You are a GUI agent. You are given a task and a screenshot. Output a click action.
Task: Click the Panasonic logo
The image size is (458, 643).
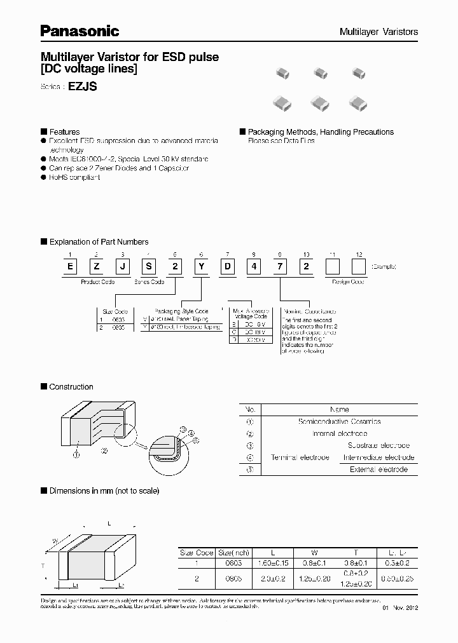pyautogui.click(x=80, y=30)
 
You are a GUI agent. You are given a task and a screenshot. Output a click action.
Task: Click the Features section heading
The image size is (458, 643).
pyautogui.click(x=64, y=132)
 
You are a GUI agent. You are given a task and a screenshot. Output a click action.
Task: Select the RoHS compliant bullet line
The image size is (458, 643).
pyautogui.click(x=74, y=177)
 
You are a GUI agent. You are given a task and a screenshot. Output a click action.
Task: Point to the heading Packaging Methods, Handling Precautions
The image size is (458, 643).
pyautogui.click(x=321, y=132)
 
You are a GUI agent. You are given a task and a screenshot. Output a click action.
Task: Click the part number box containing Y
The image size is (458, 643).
pyautogui.click(x=201, y=266)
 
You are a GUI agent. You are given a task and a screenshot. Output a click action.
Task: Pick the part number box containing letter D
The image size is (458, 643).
pyautogui.click(x=228, y=266)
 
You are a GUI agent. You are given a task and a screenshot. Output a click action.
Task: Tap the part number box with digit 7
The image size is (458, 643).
pyautogui.click(x=281, y=266)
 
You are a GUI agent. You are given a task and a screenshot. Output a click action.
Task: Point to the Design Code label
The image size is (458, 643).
pyautogui.click(x=347, y=281)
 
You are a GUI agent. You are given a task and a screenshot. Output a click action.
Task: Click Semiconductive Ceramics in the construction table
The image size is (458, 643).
pyautogui.click(x=339, y=421)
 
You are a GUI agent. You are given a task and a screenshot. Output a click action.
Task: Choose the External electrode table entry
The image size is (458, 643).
pyautogui.click(x=378, y=470)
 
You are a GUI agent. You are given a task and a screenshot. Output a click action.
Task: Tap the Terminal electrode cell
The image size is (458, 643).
pyautogui.click(x=300, y=457)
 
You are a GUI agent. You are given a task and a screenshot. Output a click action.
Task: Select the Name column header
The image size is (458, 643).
pyautogui.click(x=339, y=410)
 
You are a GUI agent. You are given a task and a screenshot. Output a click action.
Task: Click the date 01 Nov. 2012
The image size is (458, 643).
pyautogui.click(x=401, y=608)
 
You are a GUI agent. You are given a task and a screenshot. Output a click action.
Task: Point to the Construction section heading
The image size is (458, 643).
pyautogui.click(x=71, y=386)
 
